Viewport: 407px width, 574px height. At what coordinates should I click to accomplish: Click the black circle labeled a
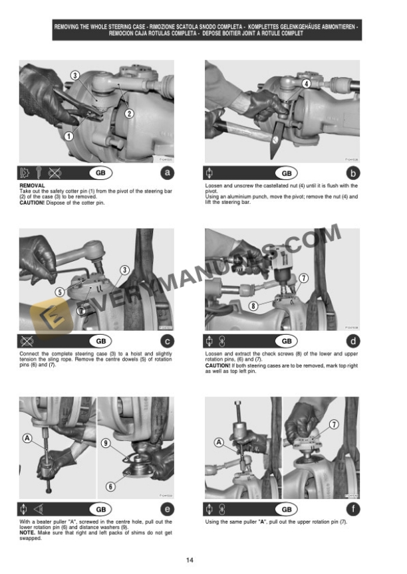click(x=169, y=173)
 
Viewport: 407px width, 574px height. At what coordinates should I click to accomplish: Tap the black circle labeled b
click(x=354, y=173)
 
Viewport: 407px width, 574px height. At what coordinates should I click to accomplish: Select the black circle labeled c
click(x=169, y=341)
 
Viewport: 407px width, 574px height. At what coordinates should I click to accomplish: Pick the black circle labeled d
click(x=354, y=341)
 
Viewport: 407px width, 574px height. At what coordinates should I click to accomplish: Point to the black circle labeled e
click(x=169, y=510)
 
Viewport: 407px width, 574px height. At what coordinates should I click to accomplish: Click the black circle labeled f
click(x=354, y=510)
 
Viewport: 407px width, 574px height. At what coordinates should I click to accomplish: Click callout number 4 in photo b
click(x=306, y=84)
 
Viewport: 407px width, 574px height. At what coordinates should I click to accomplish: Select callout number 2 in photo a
click(x=129, y=113)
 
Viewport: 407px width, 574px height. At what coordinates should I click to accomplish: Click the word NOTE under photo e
click(x=27, y=533)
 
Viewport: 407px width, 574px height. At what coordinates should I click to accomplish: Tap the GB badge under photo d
click(x=286, y=341)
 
